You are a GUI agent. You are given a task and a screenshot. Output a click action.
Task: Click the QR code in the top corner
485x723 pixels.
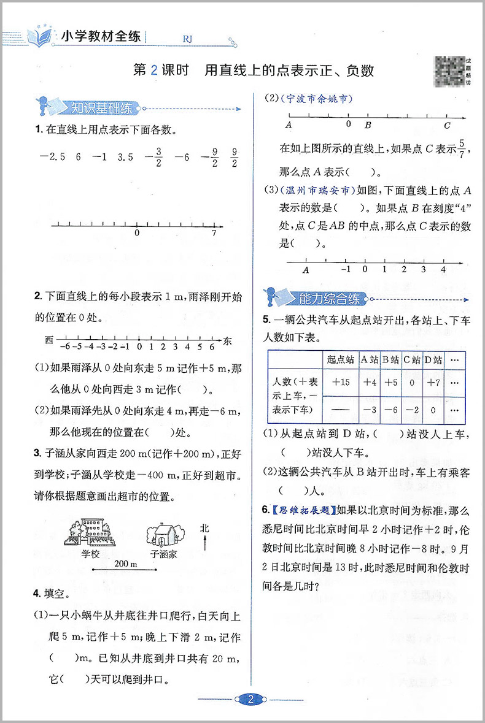click(451, 68)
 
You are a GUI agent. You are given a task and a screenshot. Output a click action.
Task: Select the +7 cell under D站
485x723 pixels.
click(433, 381)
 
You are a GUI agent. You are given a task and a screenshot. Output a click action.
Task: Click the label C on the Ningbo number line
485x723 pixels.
click(447, 125)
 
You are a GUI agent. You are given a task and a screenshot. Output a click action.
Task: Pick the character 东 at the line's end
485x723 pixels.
click(228, 340)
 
